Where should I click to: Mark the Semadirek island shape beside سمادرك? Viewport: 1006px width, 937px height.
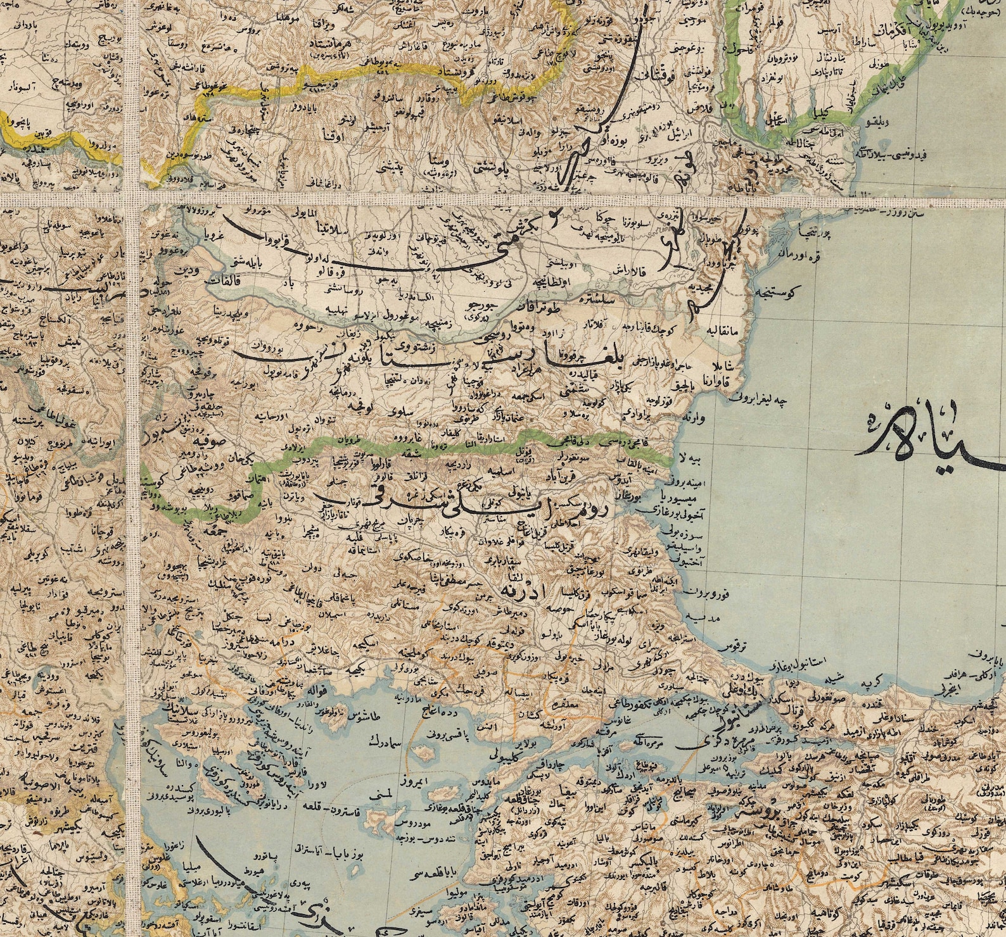tap(424, 753)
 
